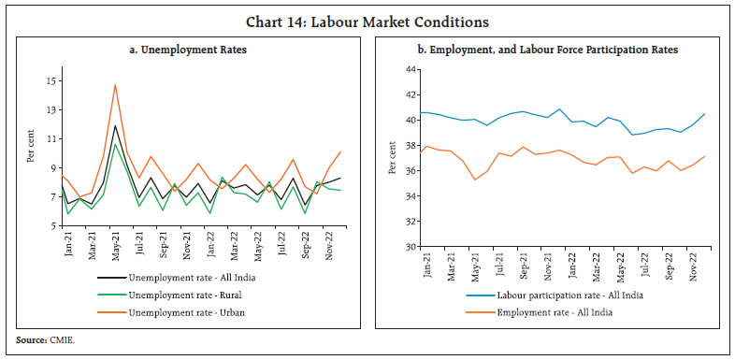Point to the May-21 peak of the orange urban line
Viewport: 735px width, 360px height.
coord(115,85)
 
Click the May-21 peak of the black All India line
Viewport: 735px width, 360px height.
coord(115,125)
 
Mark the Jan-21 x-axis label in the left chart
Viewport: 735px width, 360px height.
coord(67,245)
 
